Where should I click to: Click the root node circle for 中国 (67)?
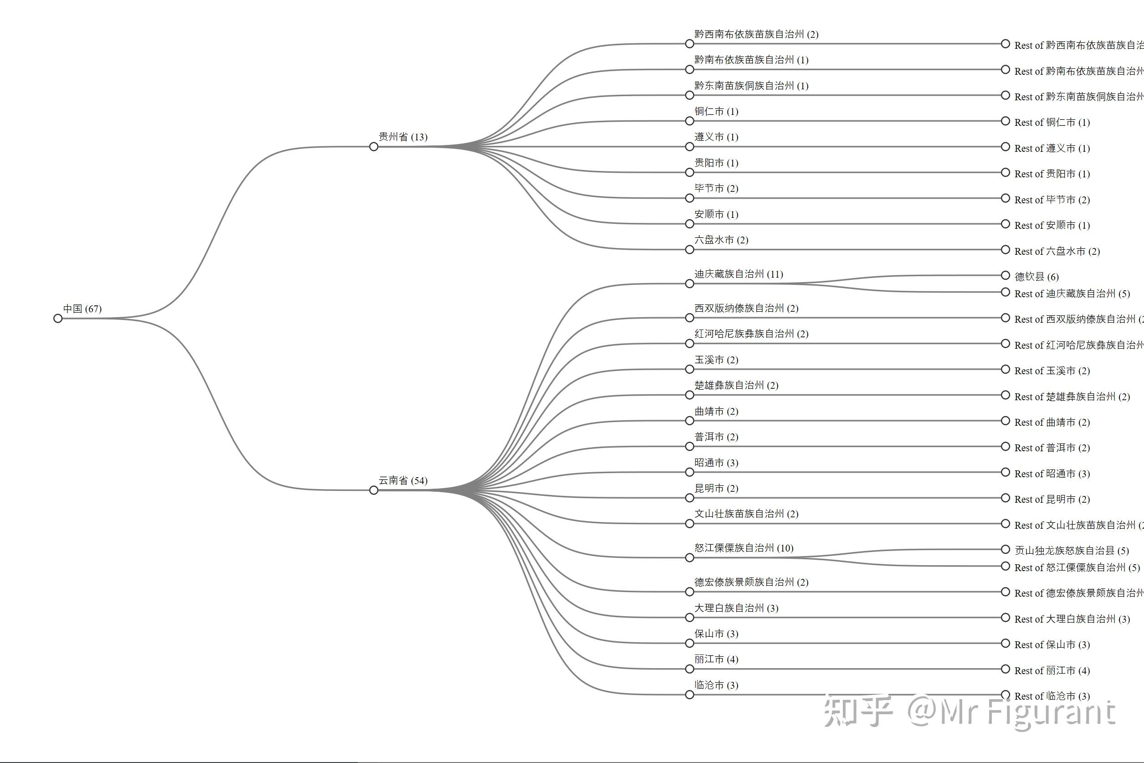pos(58,318)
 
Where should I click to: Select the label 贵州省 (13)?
pos(403,137)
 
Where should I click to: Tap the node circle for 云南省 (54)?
pos(374,490)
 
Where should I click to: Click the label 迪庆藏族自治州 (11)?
pos(739,274)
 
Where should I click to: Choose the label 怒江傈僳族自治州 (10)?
pos(744,548)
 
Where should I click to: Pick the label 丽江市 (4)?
pos(716,660)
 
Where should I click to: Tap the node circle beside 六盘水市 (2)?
pos(689,250)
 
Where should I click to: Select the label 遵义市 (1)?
pos(716,137)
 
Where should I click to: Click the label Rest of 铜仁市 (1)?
pos(1052,122)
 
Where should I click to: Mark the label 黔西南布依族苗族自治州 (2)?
pos(756,34)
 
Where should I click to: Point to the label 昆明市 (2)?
pos(716,488)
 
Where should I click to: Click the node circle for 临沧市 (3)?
pos(689,695)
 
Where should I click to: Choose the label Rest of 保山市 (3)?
pos(1052,645)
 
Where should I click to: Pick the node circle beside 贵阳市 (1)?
pos(689,172)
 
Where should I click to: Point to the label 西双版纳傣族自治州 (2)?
pos(746,308)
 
